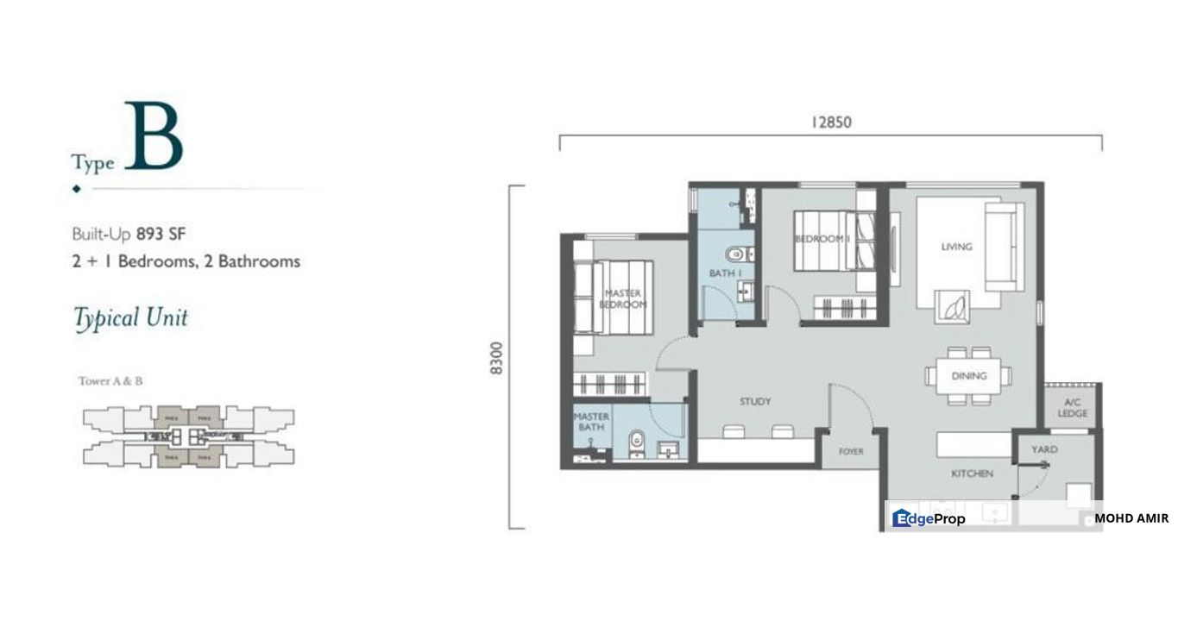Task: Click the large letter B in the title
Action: [x=154, y=137]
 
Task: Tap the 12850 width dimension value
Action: [x=830, y=122]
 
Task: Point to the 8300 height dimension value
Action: [x=495, y=357]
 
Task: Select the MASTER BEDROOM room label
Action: [x=623, y=299]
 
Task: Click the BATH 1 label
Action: [x=726, y=273]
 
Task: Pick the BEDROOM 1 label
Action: [x=822, y=239]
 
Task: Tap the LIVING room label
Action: [x=956, y=247]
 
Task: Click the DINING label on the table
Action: [x=968, y=376]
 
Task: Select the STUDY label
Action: [x=755, y=402]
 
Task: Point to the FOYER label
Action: [x=851, y=451]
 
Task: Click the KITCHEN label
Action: [x=973, y=474]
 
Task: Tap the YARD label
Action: [x=1044, y=449]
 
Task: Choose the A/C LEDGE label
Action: [x=1072, y=408]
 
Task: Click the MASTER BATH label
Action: [x=591, y=422]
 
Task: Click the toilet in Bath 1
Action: [x=735, y=254]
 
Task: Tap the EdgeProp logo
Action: [x=929, y=518]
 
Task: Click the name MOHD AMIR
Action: [x=1131, y=518]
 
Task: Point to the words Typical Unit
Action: [x=130, y=318]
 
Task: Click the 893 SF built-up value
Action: [x=161, y=233]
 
